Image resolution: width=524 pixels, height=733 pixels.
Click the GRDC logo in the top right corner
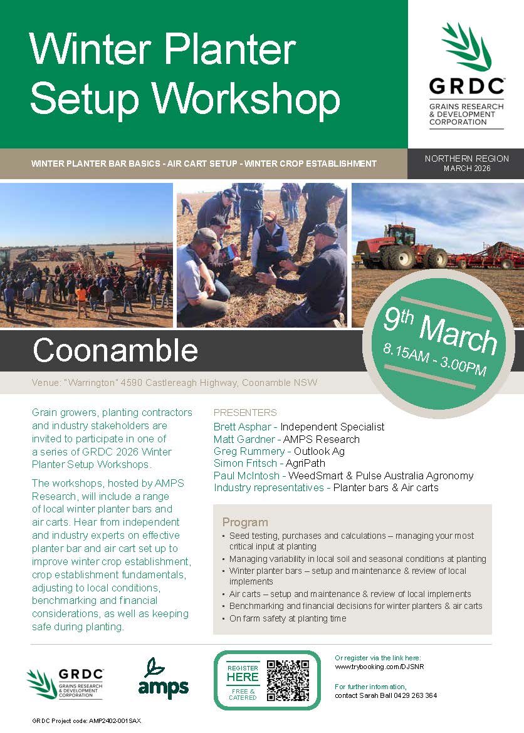pyautogui.click(x=466, y=75)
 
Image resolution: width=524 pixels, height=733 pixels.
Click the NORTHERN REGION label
pyautogui.click(x=466, y=159)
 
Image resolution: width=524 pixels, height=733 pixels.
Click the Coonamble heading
pyautogui.click(x=115, y=350)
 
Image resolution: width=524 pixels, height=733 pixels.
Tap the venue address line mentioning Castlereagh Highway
pyautogui.click(x=174, y=382)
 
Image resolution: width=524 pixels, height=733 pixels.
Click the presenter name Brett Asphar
pyautogui.click(x=243, y=427)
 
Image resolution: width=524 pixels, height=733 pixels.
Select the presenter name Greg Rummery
pyautogui.click(x=249, y=451)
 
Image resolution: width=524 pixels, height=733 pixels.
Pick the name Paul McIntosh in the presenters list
pyautogui.click(x=246, y=476)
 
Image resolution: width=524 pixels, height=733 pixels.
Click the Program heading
pyautogui.click(x=245, y=522)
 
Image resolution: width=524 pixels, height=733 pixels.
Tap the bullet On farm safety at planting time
pyautogui.click(x=288, y=618)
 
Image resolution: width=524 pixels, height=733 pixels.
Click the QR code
pyautogui.click(x=288, y=680)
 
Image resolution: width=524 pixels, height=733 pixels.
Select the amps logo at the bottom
pyautogui.click(x=164, y=678)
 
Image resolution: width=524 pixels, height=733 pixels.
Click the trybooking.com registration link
pyautogui.click(x=379, y=667)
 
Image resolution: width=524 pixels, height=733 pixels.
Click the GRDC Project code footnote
pyautogui.click(x=86, y=721)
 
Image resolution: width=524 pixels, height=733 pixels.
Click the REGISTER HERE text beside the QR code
pyautogui.click(x=243, y=673)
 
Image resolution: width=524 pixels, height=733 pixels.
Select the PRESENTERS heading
pyautogui.click(x=245, y=413)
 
